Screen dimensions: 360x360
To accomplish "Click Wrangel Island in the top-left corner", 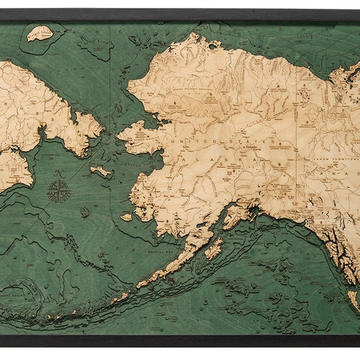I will [40, 32].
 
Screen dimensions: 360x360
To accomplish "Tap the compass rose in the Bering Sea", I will [59, 191].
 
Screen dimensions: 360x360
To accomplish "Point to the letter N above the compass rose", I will [58, 175].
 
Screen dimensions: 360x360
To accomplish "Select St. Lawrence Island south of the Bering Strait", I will [101, 171].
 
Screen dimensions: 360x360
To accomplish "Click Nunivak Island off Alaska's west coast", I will [127, 216].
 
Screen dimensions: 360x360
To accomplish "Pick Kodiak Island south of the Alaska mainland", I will [214, 249].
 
